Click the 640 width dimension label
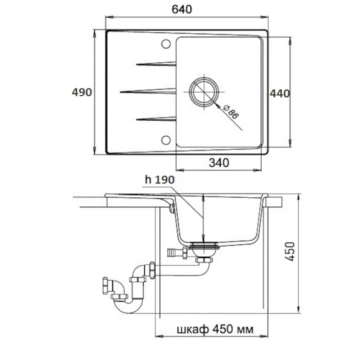[181, 9]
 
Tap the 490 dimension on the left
[82, 92]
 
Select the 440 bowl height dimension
[280, 94]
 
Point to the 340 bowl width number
[219, 163]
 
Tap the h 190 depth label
[160, 180]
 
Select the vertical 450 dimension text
[290, 251]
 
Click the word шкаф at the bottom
[193, 329]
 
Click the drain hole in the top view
[204, 92]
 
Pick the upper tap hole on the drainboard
[166, 44]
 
